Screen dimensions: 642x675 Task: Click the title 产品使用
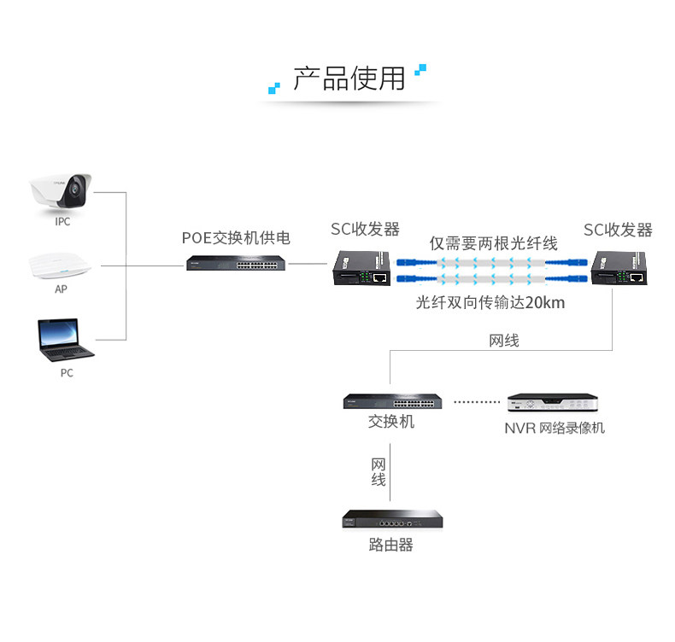pos(349,79)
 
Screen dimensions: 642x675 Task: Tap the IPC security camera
pos(61,193)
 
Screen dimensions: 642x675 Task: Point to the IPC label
pos(62,222)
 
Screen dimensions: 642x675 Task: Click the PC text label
pos(66,373)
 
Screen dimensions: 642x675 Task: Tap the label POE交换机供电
pos(236,238)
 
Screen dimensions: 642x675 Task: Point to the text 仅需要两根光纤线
pos(493,243)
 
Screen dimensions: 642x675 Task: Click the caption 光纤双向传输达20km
pos(490,302)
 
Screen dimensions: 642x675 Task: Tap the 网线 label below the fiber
pos(503,341)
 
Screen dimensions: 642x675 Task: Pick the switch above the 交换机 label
pos(391,401)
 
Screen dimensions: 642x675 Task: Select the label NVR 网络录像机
pos(554,428)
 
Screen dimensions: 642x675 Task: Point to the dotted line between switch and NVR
pos(475,401)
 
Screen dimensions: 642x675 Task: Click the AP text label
pos(61,289)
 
